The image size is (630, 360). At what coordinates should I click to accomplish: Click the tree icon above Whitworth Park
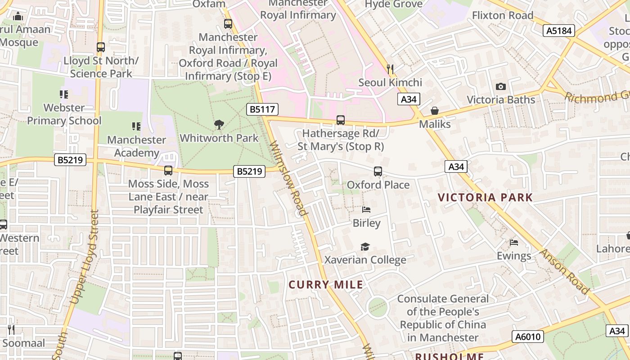point(219,124)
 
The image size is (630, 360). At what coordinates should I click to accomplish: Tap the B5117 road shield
point(262,109)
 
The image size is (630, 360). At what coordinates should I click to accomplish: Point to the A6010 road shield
point(527,337)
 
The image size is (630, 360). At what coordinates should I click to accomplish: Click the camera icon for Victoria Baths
point(500,86)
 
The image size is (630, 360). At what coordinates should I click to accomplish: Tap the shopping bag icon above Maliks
point(435,111)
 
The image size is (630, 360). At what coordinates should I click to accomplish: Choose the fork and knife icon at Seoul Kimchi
point(390,69)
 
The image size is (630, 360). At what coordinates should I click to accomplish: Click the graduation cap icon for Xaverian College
point(365,247)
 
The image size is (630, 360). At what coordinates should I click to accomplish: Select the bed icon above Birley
point(366,210)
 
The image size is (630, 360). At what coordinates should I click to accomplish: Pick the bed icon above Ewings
point(514,243)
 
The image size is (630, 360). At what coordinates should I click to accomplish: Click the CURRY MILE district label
point(326,284)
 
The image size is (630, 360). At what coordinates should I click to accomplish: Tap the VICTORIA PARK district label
point(485,197)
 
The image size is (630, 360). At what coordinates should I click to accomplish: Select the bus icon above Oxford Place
point(378,171)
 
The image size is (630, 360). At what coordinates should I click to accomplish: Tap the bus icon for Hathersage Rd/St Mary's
point(341,120)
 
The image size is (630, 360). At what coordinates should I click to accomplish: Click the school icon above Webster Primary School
point(64,94)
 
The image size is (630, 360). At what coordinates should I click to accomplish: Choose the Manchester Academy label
point(136,146)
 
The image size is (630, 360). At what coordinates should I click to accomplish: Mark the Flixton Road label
point(502,15)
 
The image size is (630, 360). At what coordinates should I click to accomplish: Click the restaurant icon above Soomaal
point(11,330)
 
